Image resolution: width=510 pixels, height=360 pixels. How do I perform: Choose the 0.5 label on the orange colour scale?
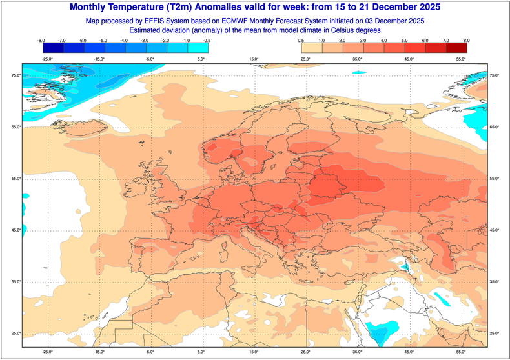point(301,41)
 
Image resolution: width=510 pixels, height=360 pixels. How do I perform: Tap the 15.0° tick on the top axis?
point(254,59)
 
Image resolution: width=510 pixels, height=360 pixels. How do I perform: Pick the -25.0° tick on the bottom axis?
point(47,352)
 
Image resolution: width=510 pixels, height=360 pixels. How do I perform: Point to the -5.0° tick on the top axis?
point(150,59)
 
